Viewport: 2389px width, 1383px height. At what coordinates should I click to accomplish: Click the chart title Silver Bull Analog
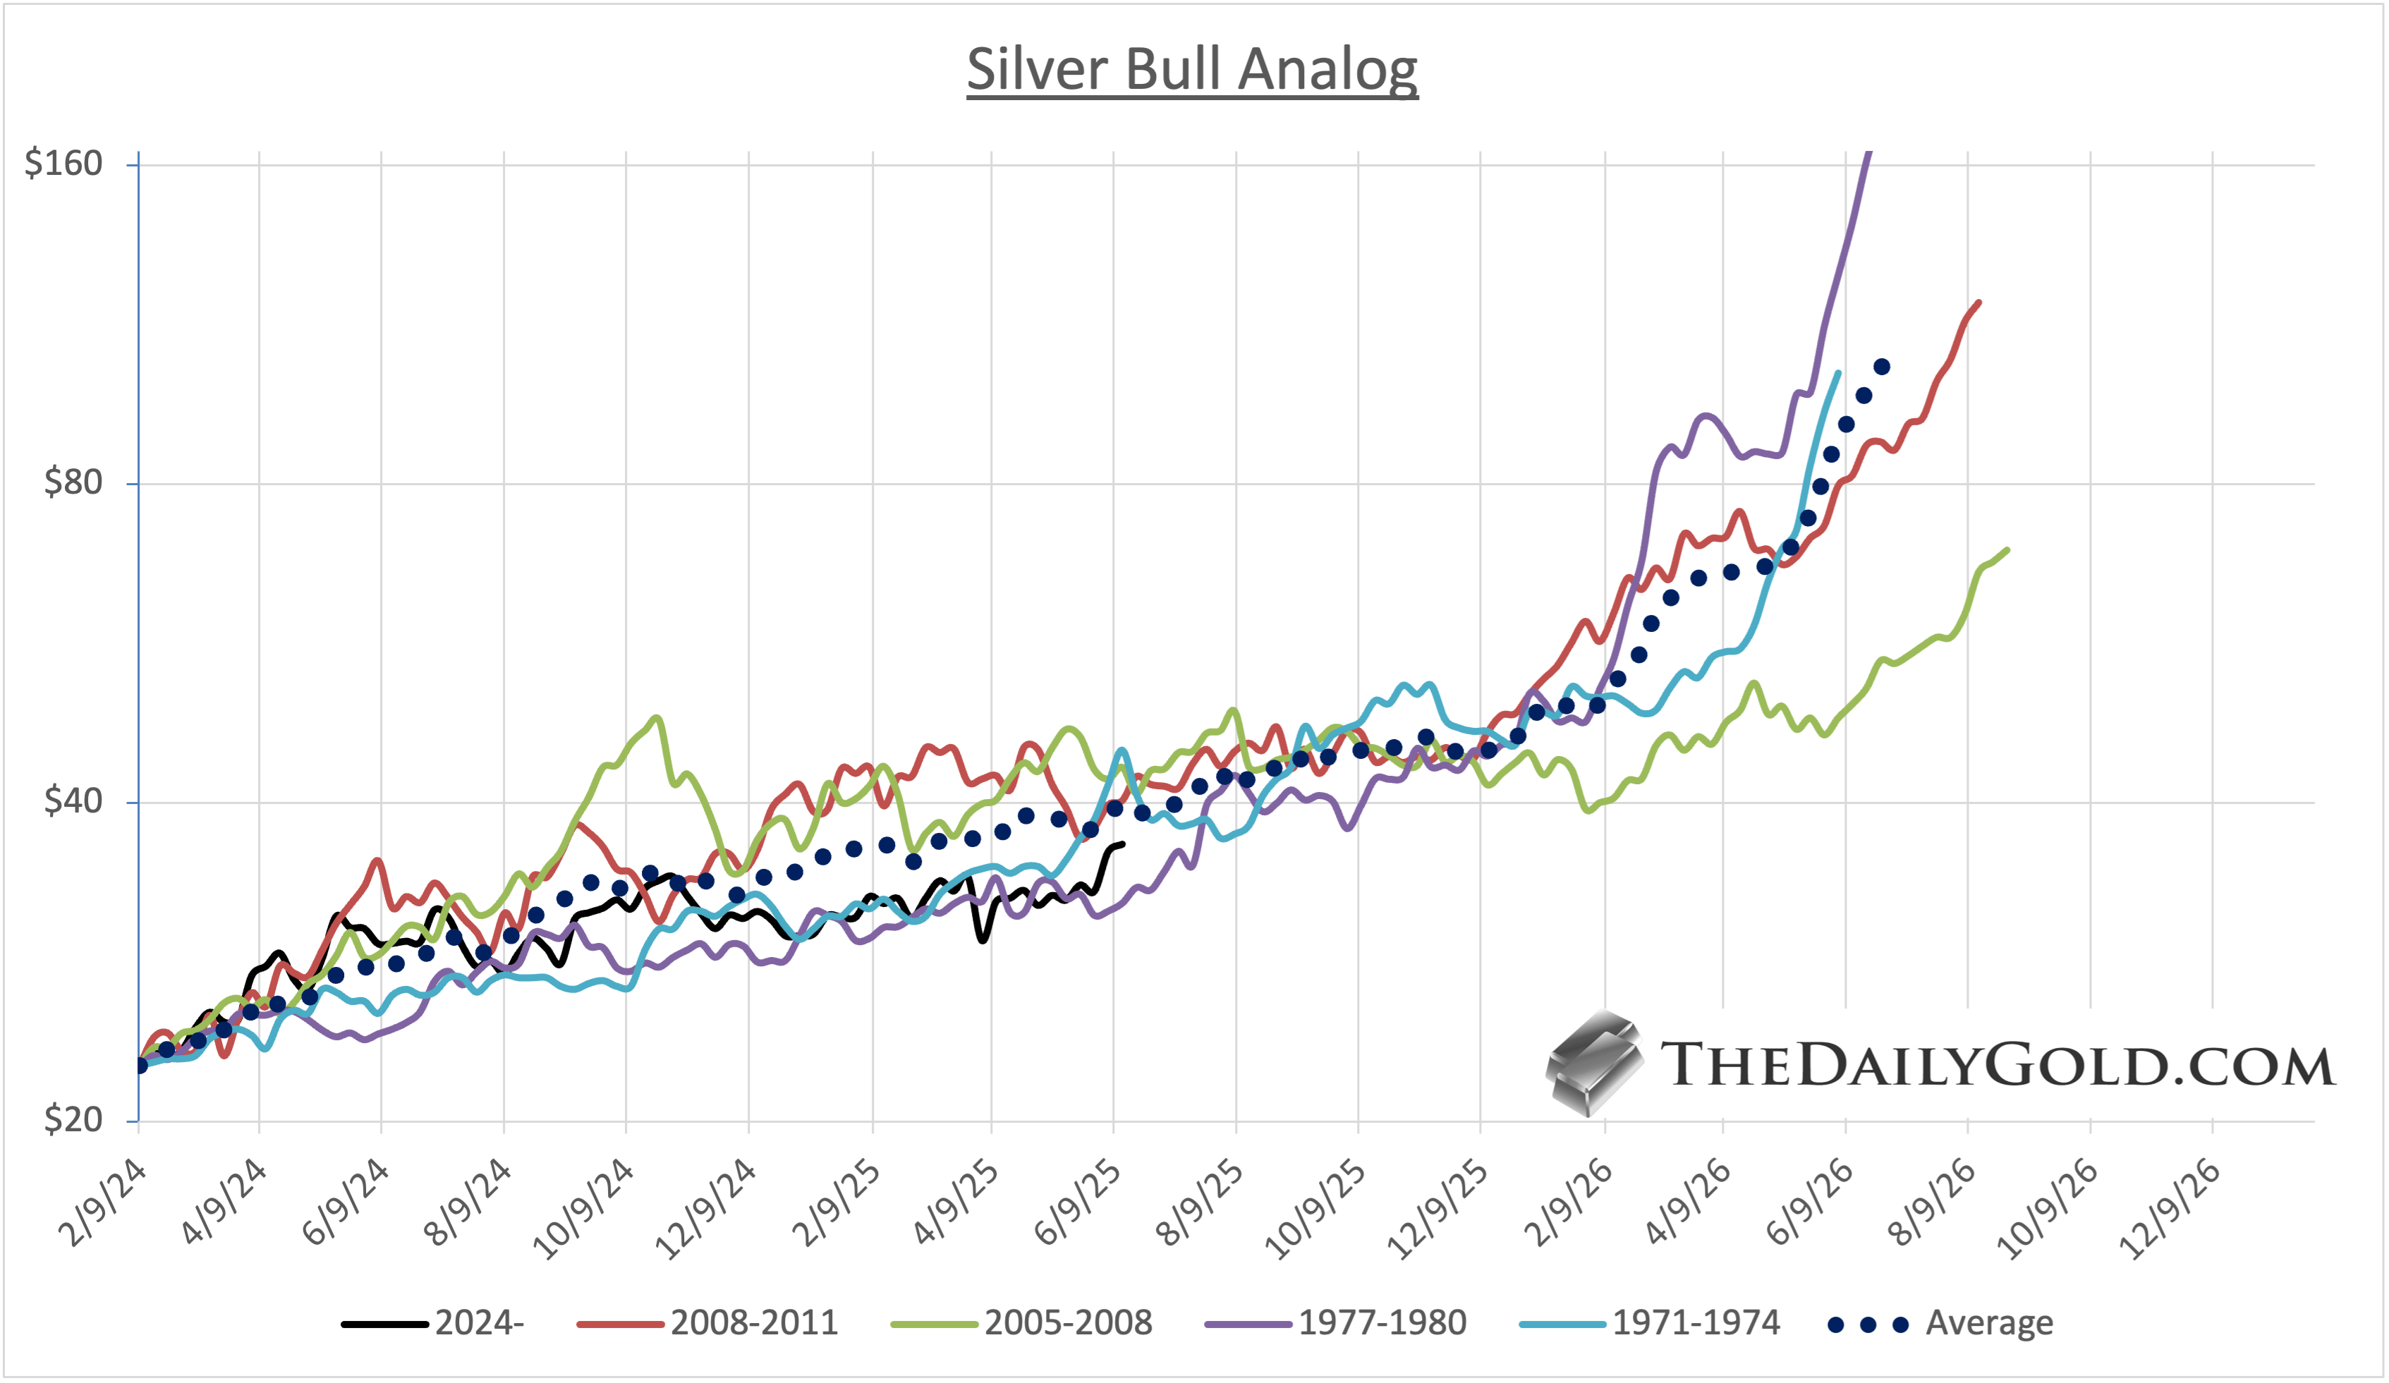pyautogui.click(x=1191, y=69)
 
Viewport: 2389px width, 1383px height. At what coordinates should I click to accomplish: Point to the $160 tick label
pyautogui.click(x=63, y=163)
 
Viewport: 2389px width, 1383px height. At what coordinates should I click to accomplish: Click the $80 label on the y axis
pyautogui.click(x=73, y=482)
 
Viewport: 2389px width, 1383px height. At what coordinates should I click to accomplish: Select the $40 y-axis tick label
pyautogui.click(x=73, y=801)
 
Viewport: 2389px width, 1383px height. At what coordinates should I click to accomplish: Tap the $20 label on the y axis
pyautogui.click(x=73, y=1119)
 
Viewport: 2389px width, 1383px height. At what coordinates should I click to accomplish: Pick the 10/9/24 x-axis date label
pyautogui.click(x=584, y=1210)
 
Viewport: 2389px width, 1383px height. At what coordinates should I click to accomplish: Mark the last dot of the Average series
pyautogui.click(x=1882, y=367)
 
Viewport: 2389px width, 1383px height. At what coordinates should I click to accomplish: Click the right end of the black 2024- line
pyautogui.click(x=1122, y=843)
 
